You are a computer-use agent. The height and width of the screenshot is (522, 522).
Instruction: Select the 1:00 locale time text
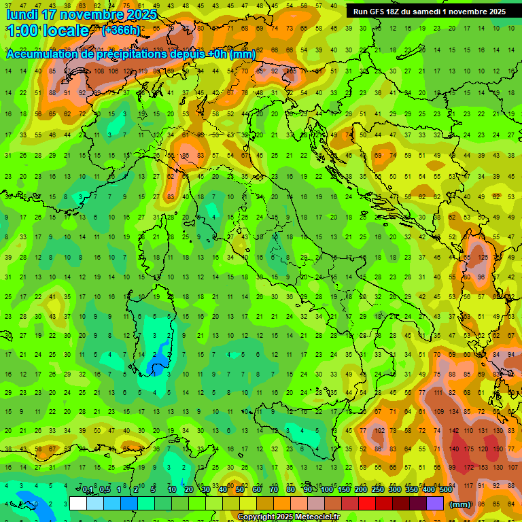(48, 31)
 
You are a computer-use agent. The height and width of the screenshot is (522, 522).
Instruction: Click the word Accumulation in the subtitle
(41, 54)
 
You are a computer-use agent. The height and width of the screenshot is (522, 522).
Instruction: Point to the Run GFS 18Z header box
(429, 12)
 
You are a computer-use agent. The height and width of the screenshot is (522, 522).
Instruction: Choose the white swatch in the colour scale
(78, 504)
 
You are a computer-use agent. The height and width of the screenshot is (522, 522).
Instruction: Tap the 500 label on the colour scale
(445, 490)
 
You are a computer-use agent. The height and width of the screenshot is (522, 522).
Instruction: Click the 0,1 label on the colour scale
(88, 490)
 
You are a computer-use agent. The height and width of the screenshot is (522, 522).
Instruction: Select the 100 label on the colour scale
(326, 490)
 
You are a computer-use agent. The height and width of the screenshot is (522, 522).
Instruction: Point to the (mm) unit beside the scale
(460, 504)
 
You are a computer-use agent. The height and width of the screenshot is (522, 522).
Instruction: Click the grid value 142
(454, 431)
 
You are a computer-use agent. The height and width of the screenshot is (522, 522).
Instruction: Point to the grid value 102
(379, 431)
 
